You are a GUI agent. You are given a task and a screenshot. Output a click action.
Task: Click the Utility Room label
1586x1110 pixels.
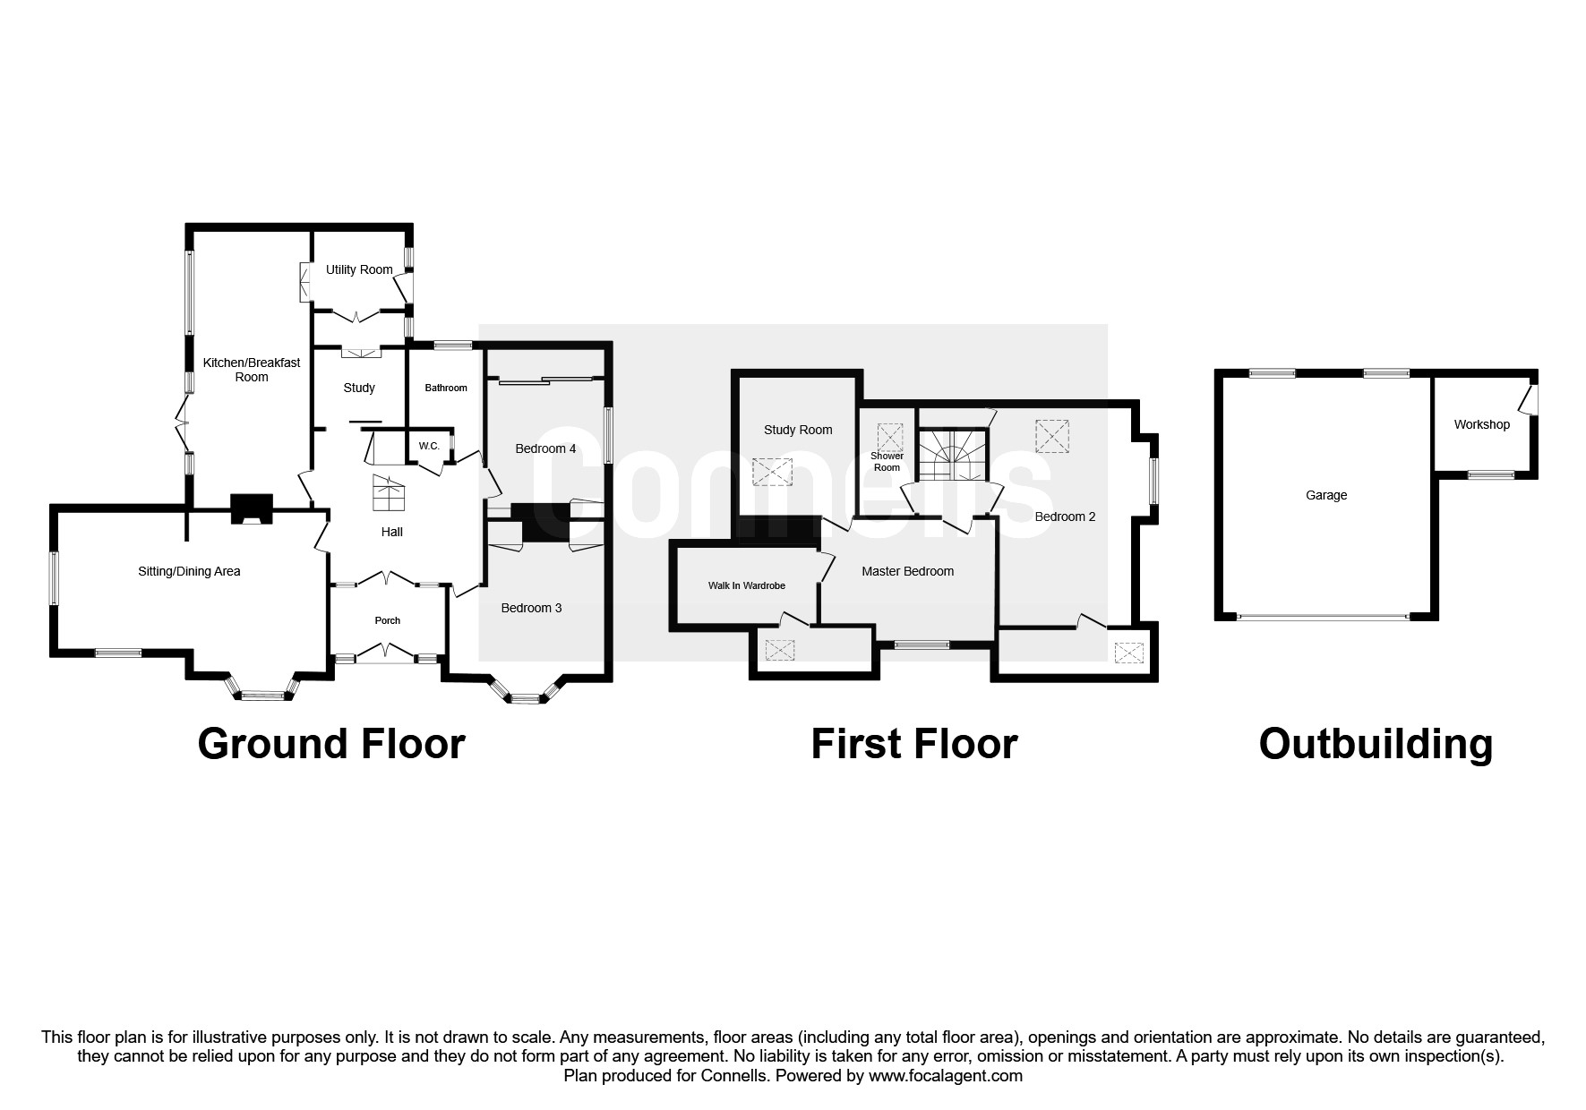point(358,269)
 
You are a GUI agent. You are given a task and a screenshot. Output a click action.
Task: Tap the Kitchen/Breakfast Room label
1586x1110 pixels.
point(251,370)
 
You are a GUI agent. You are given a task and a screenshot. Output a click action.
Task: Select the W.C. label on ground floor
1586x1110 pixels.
point(428,446)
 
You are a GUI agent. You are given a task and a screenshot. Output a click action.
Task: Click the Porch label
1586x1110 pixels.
point(387,620)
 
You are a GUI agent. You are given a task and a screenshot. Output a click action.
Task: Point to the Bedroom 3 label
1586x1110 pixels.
point(531,608)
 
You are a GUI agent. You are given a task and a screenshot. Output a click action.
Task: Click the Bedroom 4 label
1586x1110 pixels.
point(544,448)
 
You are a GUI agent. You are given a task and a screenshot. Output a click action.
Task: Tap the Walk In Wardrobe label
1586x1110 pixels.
point(746,585)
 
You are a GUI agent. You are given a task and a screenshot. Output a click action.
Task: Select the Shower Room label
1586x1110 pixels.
point(887,461)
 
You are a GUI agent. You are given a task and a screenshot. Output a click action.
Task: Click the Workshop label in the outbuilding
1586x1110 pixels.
point(1481,424)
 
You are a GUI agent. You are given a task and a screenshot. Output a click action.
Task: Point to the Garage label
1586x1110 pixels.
point(1325,495)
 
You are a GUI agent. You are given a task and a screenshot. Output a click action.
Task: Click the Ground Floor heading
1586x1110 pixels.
point(330,744)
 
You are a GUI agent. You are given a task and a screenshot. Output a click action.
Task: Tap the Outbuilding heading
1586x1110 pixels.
point(1376,744)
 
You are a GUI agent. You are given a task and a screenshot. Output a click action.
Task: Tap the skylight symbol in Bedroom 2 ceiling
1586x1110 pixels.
point(1051,436)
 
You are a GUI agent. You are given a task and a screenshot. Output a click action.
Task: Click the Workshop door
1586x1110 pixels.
point(1530,397)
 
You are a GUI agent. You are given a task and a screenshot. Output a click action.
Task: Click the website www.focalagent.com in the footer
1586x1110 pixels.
point(945,1076)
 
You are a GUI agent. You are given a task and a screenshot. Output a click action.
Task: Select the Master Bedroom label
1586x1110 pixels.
point(907,571)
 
